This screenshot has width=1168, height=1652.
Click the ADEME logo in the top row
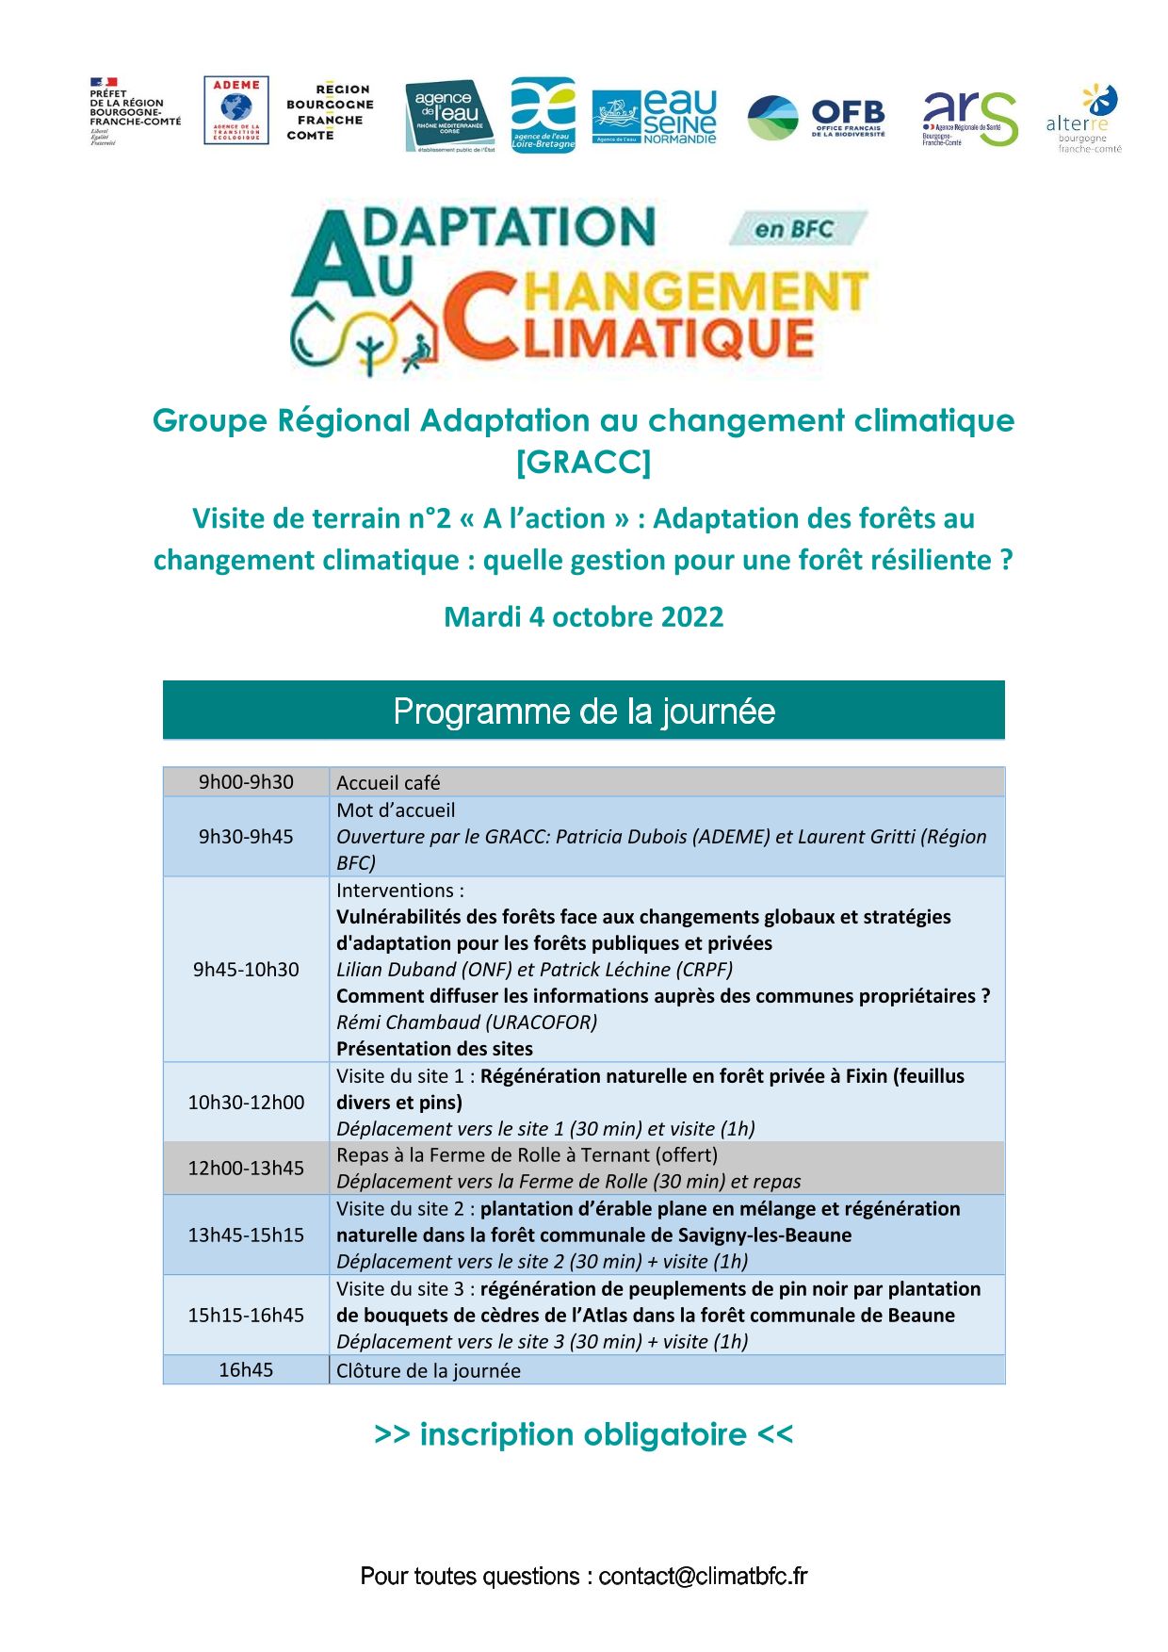pyautogui.click(x=236, y=110)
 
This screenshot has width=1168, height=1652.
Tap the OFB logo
pyautogui.click(x=817, y=118)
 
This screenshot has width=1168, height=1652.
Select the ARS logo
pyautogui.click(x=969, y=119)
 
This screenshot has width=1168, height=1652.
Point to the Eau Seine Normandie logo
pyautogui.click(x=654, y=118)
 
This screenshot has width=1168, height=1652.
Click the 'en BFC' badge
pyautogui.click(x=795, y=229)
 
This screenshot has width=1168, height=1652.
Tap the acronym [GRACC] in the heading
pyautogui.click(x=583, y=462)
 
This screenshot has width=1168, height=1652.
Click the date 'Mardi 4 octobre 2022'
pyautogui.click(x=583, y=617)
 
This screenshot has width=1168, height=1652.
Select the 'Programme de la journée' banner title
pyautogui.click(x=584, y=712)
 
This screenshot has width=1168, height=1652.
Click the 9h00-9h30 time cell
pyautogui.click(x=246, y=782)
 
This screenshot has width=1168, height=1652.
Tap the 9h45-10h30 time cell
pyautogui.click(x=246, y=970)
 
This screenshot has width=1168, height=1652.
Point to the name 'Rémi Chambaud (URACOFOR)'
pyautogui.click(x=466, y=1022)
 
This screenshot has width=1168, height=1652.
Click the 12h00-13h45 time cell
pyautogui.click(x=246, y=1169)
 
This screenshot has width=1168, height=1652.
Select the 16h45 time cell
pyautogui.click(x=246, y=1370)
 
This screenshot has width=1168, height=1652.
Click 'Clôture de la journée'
pyautogui.click(x=429, y=1371)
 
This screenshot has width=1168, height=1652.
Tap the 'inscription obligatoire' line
pyautogui.click(x=583, y=1434)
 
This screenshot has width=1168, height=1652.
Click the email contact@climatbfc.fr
pyautogui.click(x=703, y=1577)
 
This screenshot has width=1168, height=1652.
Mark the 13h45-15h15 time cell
pyautogui.click(x=246, y=1235)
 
